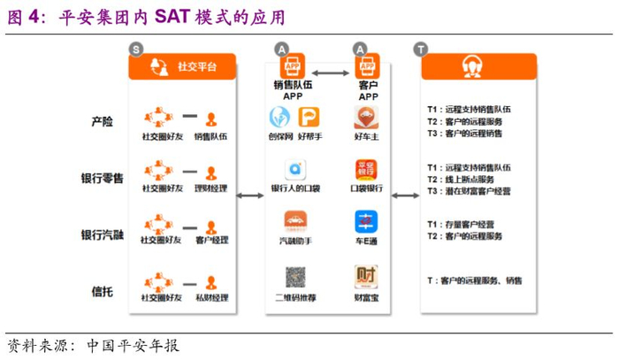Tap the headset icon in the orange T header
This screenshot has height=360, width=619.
(x=472, y=66)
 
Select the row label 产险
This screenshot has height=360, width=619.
(x=103, y=122)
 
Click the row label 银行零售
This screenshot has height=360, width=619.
(x=103, y=179)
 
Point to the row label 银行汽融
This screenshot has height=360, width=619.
(x=103, y=234)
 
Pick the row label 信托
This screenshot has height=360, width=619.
(x=103, y=290)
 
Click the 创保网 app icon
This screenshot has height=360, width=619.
(x=280, y=118)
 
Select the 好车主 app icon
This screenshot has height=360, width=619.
(x=366, y=118)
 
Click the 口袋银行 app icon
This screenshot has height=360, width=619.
(x=366, y=170)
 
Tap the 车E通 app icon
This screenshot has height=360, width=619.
(x=366, y=221)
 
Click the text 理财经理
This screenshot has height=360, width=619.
(x=210, y=188)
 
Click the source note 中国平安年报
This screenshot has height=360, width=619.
(x=133, y=345)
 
